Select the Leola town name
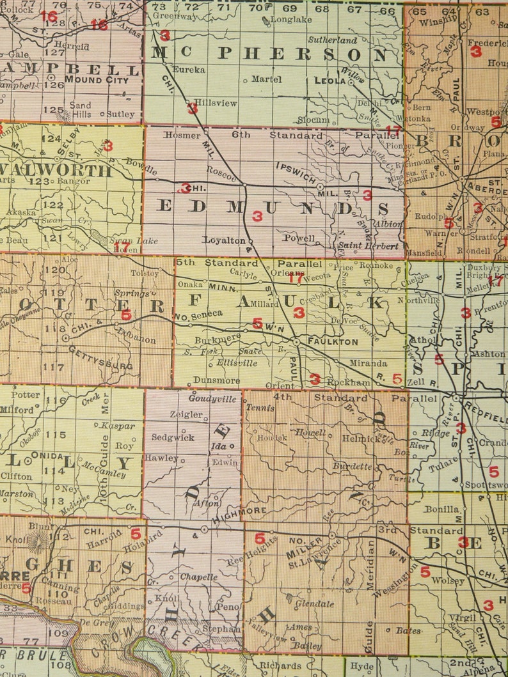pos(330,81)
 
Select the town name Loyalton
pos(224,240)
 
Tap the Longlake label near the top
pos(291,19)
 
